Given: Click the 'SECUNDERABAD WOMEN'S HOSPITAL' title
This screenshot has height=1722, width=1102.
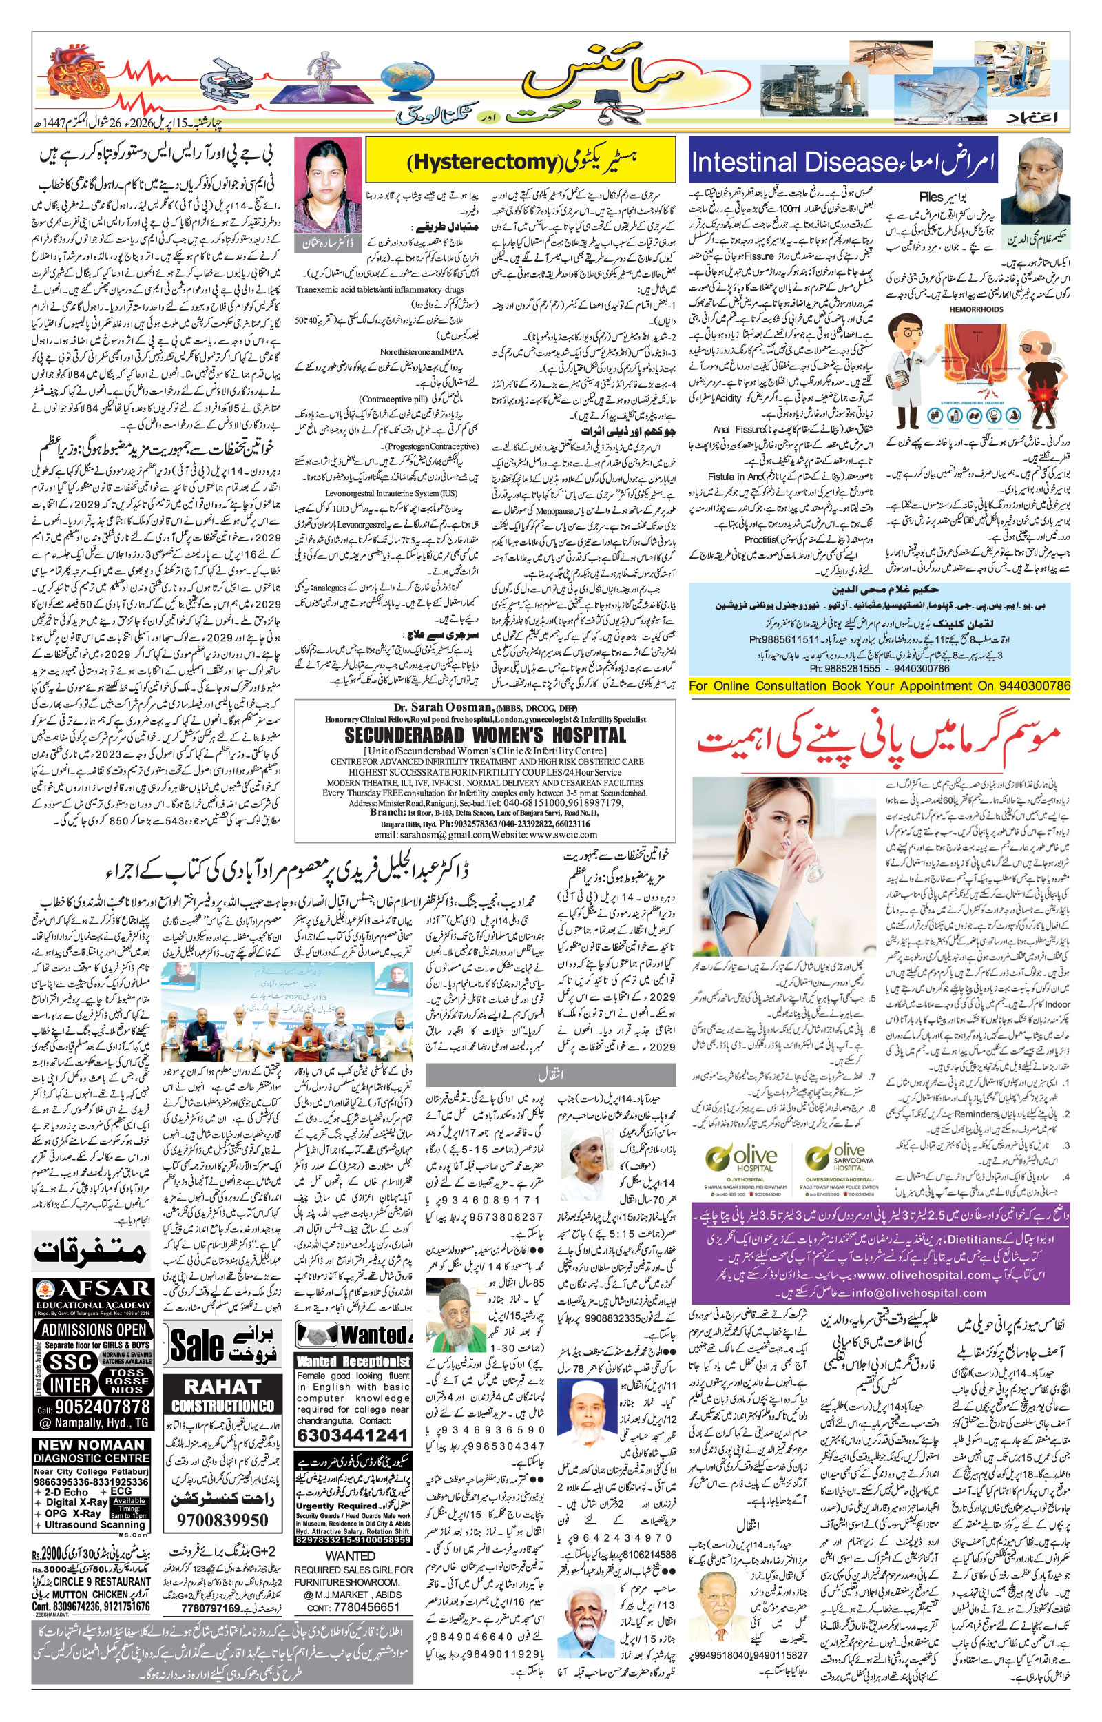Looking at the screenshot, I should [485, 735].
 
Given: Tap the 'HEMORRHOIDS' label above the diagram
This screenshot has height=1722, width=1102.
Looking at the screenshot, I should [976, 310].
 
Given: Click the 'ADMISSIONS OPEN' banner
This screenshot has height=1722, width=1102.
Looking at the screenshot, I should [93, 1330].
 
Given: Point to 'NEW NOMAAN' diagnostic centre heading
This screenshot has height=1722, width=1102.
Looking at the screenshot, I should [92, 1444].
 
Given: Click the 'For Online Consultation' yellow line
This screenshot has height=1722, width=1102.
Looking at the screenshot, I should [879, 685].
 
